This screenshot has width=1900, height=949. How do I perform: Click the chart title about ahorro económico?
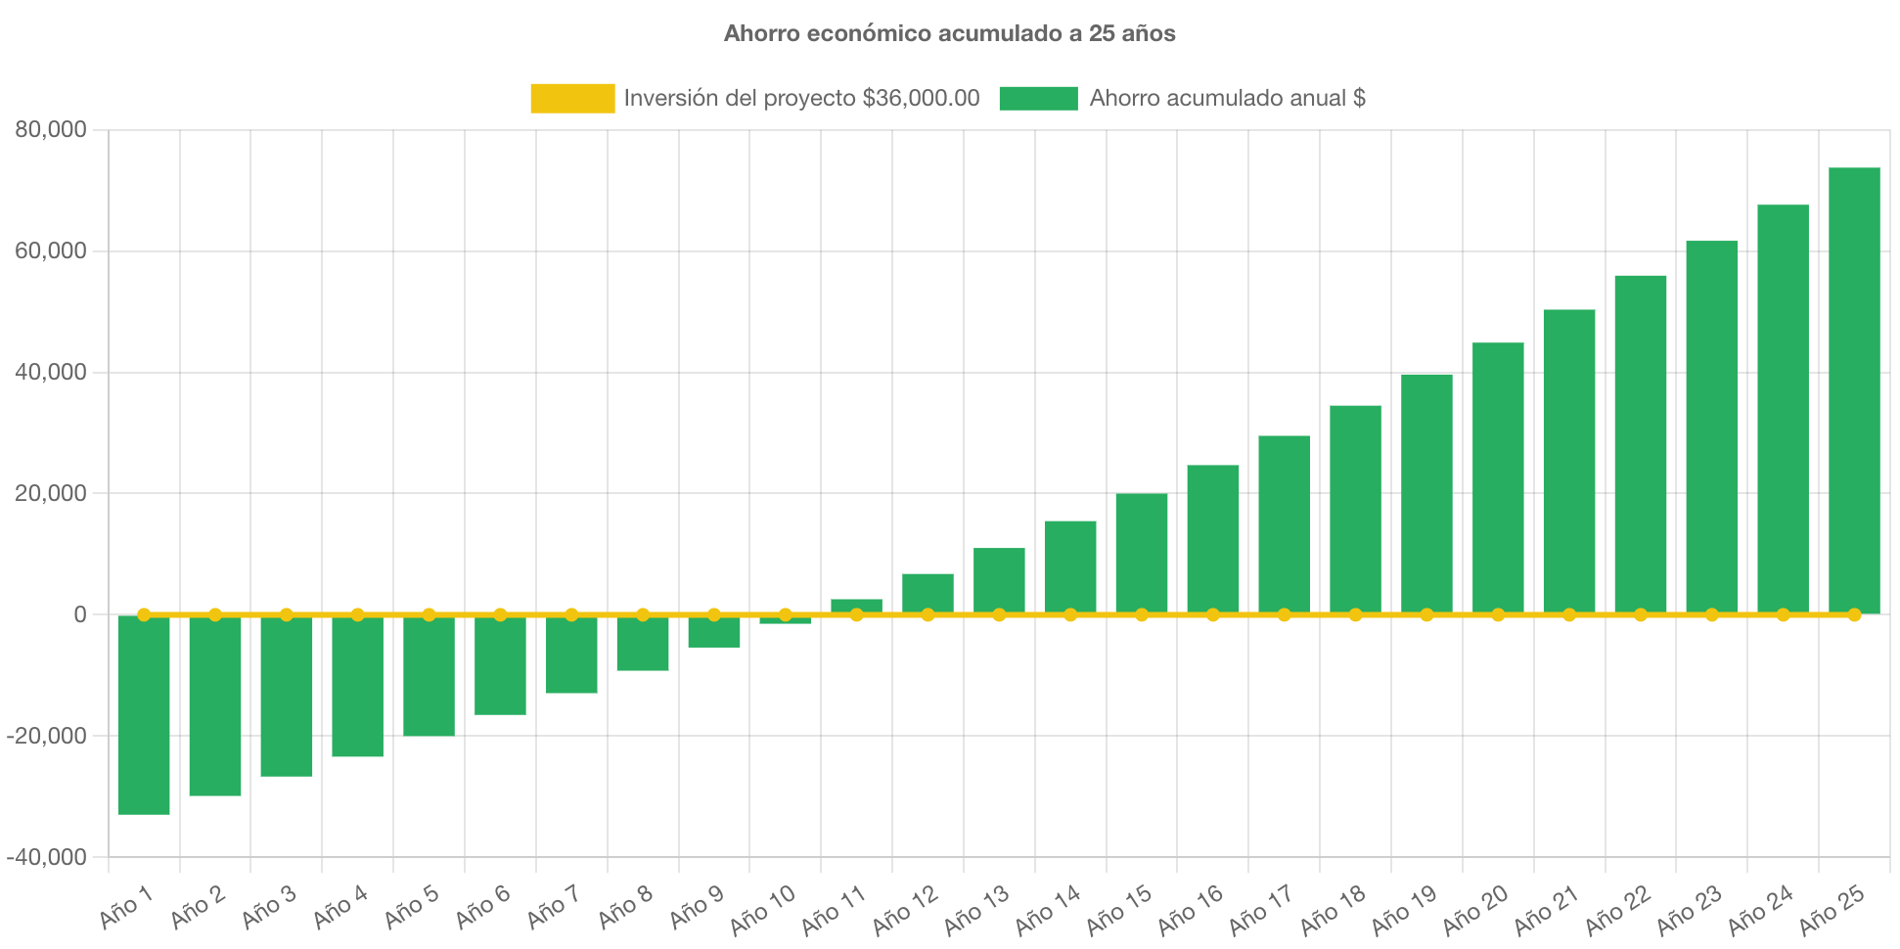click(949, 33)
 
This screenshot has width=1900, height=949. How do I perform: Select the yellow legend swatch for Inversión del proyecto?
click(572, 98)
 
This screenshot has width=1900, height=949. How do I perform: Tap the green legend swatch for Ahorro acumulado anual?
click(1038, 98)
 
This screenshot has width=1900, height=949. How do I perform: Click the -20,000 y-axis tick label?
click(47, 736)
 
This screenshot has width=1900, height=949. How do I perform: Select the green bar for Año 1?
click(144, 714)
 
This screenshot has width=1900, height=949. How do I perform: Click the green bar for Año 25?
click(1854, 391)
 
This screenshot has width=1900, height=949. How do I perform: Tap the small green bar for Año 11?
click(856, 605)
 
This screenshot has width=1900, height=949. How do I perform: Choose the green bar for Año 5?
click(429, 675)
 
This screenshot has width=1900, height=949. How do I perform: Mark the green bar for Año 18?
click(1355, 509)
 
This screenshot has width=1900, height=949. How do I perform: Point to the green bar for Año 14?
click(1070, 567)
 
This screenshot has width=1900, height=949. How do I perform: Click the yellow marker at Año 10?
click(785, 614)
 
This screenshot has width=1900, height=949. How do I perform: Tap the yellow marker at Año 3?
click(287, 614)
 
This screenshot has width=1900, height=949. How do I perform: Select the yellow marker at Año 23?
click(1712, 614)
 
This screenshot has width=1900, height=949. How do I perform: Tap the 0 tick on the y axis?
click(79, 614)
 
